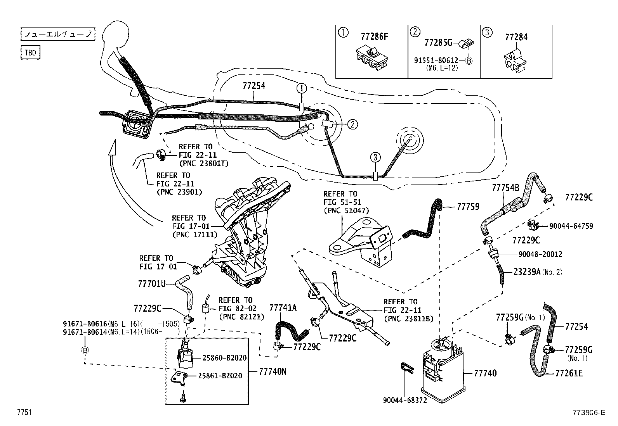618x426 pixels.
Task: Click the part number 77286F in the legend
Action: (x=374, y=37)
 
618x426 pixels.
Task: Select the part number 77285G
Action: (x=438, y=42)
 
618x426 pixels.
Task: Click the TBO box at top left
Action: (x=30, y=52)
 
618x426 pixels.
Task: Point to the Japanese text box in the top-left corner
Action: (x=57, y=34)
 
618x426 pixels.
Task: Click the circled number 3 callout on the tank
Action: (x=375, y=157)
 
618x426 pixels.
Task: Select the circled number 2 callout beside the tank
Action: (x=352, y=124)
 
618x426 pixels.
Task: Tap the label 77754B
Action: (x=505, y=188)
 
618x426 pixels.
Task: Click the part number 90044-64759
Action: (x=571, y=226)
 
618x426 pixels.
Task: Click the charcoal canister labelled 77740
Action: (x=443, y=368)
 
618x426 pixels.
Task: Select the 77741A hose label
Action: (x=283, y=308)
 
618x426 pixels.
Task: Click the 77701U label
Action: (x=152, y=284)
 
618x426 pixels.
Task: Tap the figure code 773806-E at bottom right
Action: (x=588, y=413)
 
